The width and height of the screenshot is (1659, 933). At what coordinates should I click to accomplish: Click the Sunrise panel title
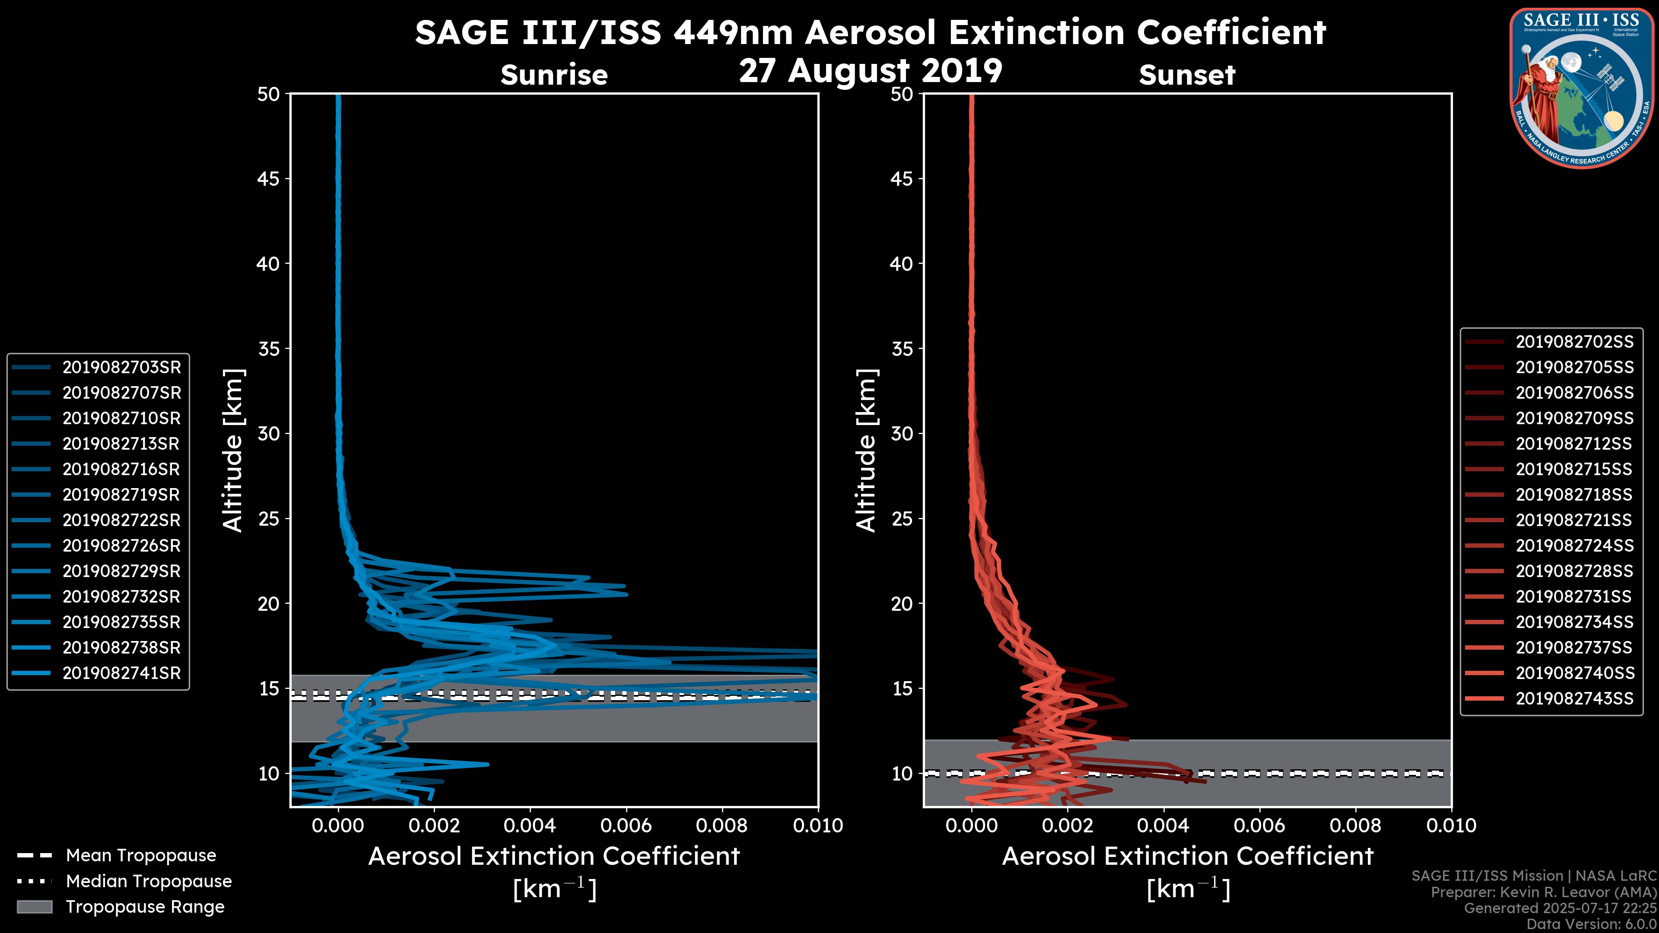click(x=554, y=75)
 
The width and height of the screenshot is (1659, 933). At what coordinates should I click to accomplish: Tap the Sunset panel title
click(x=1186, y=75)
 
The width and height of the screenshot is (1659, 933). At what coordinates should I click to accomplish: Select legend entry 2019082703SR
click(x=121, y=368)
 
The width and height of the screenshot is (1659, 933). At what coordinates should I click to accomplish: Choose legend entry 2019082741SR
click(x=121, y=673)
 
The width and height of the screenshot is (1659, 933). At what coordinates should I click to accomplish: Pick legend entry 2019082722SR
click(x=121, y=520)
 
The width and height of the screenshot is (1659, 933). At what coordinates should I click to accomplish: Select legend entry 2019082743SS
click(x=1574, y=698)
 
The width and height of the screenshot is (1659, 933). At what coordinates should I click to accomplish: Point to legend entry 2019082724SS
click(x=1574, y=546)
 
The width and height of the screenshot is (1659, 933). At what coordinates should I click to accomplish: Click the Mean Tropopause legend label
click(x=140, y=856)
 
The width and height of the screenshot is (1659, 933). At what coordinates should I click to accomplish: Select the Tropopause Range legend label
click(x=145, y=907)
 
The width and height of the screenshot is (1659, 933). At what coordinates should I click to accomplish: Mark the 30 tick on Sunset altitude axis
click(x=902, y=433)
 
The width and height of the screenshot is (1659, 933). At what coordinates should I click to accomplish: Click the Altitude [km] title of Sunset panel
click(x=867, y=451)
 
